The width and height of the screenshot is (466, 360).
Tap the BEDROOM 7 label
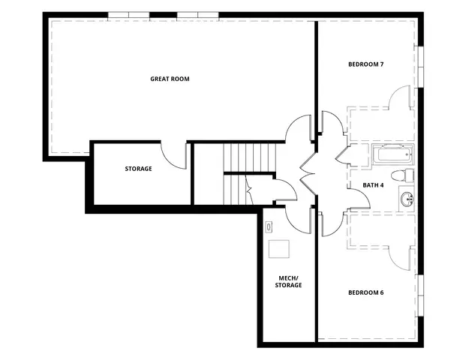(366, 64)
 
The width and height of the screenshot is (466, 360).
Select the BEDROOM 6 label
(366, 292)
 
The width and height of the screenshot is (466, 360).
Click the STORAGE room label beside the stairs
(138, 169)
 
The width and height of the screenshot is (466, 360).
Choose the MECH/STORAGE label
(288, 281)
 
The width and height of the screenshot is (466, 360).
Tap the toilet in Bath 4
(405, 176)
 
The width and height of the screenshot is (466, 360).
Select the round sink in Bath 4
(407, 199)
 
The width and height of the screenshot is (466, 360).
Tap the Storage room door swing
(176, 154)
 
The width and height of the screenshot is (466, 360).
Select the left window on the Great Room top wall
(128, 15)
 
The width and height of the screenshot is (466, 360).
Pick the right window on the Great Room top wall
(198, 15)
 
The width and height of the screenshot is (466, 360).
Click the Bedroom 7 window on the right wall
(420, 67)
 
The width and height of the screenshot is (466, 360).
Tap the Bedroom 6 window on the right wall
(420, 293)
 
